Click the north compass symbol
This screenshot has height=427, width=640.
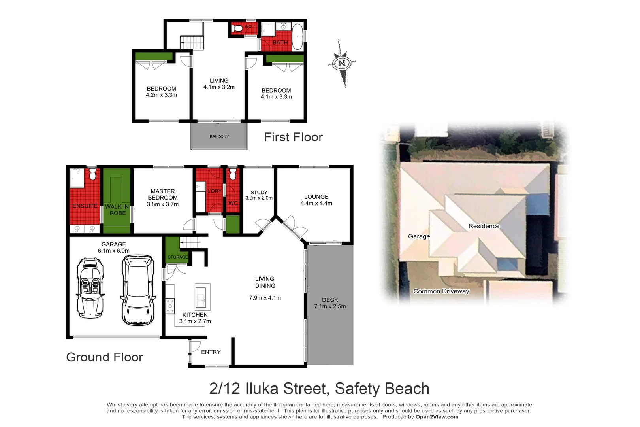pyautogui.click(x=342, y=63)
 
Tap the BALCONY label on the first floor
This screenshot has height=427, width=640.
pyautogui.click(x=219, y=136)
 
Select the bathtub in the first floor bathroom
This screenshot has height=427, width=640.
pyautogui.click(x=297, y=37)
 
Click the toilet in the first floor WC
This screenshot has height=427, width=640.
pyautogui.click(x=237, y=28)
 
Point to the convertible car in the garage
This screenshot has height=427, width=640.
pyautogui.click(x=90, y=287)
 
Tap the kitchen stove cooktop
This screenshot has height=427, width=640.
pyautogui.click(x=170, y=306)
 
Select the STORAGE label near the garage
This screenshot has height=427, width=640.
pyautogui.click(x=177, y=257)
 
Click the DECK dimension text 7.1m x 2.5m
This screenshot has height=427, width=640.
pyautogui.click(x=330, y=306)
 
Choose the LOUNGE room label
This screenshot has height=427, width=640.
pyautogui.click(x=316, y=197)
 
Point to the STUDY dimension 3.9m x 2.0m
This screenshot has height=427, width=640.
pyautogui.click(x=259, y=198)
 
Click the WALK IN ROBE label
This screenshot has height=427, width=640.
pyautogui.click(x=117, y=210)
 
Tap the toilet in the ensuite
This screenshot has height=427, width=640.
pyautogui.click(x=92, y=174)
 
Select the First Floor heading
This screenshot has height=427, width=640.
pyautogui.click(x=293, y=137)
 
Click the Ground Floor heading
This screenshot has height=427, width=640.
pyautogui.click(x=104, y=357)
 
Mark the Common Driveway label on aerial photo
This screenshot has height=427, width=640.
pyautogui.click(x=441, y=291)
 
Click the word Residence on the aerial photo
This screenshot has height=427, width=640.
pyautogui.click(x=484, y=226)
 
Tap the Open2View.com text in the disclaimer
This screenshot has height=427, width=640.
pyautogui.click(x=437, y=417)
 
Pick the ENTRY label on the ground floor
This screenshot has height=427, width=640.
pyautogui.click(x=211, y=352)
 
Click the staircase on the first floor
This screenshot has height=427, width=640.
pyautogui.click(x=192, y=42)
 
